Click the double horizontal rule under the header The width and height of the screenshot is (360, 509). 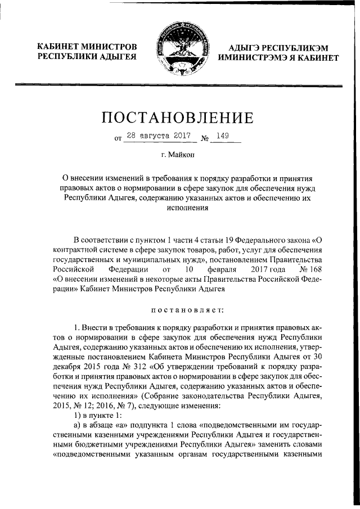[180, 85]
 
